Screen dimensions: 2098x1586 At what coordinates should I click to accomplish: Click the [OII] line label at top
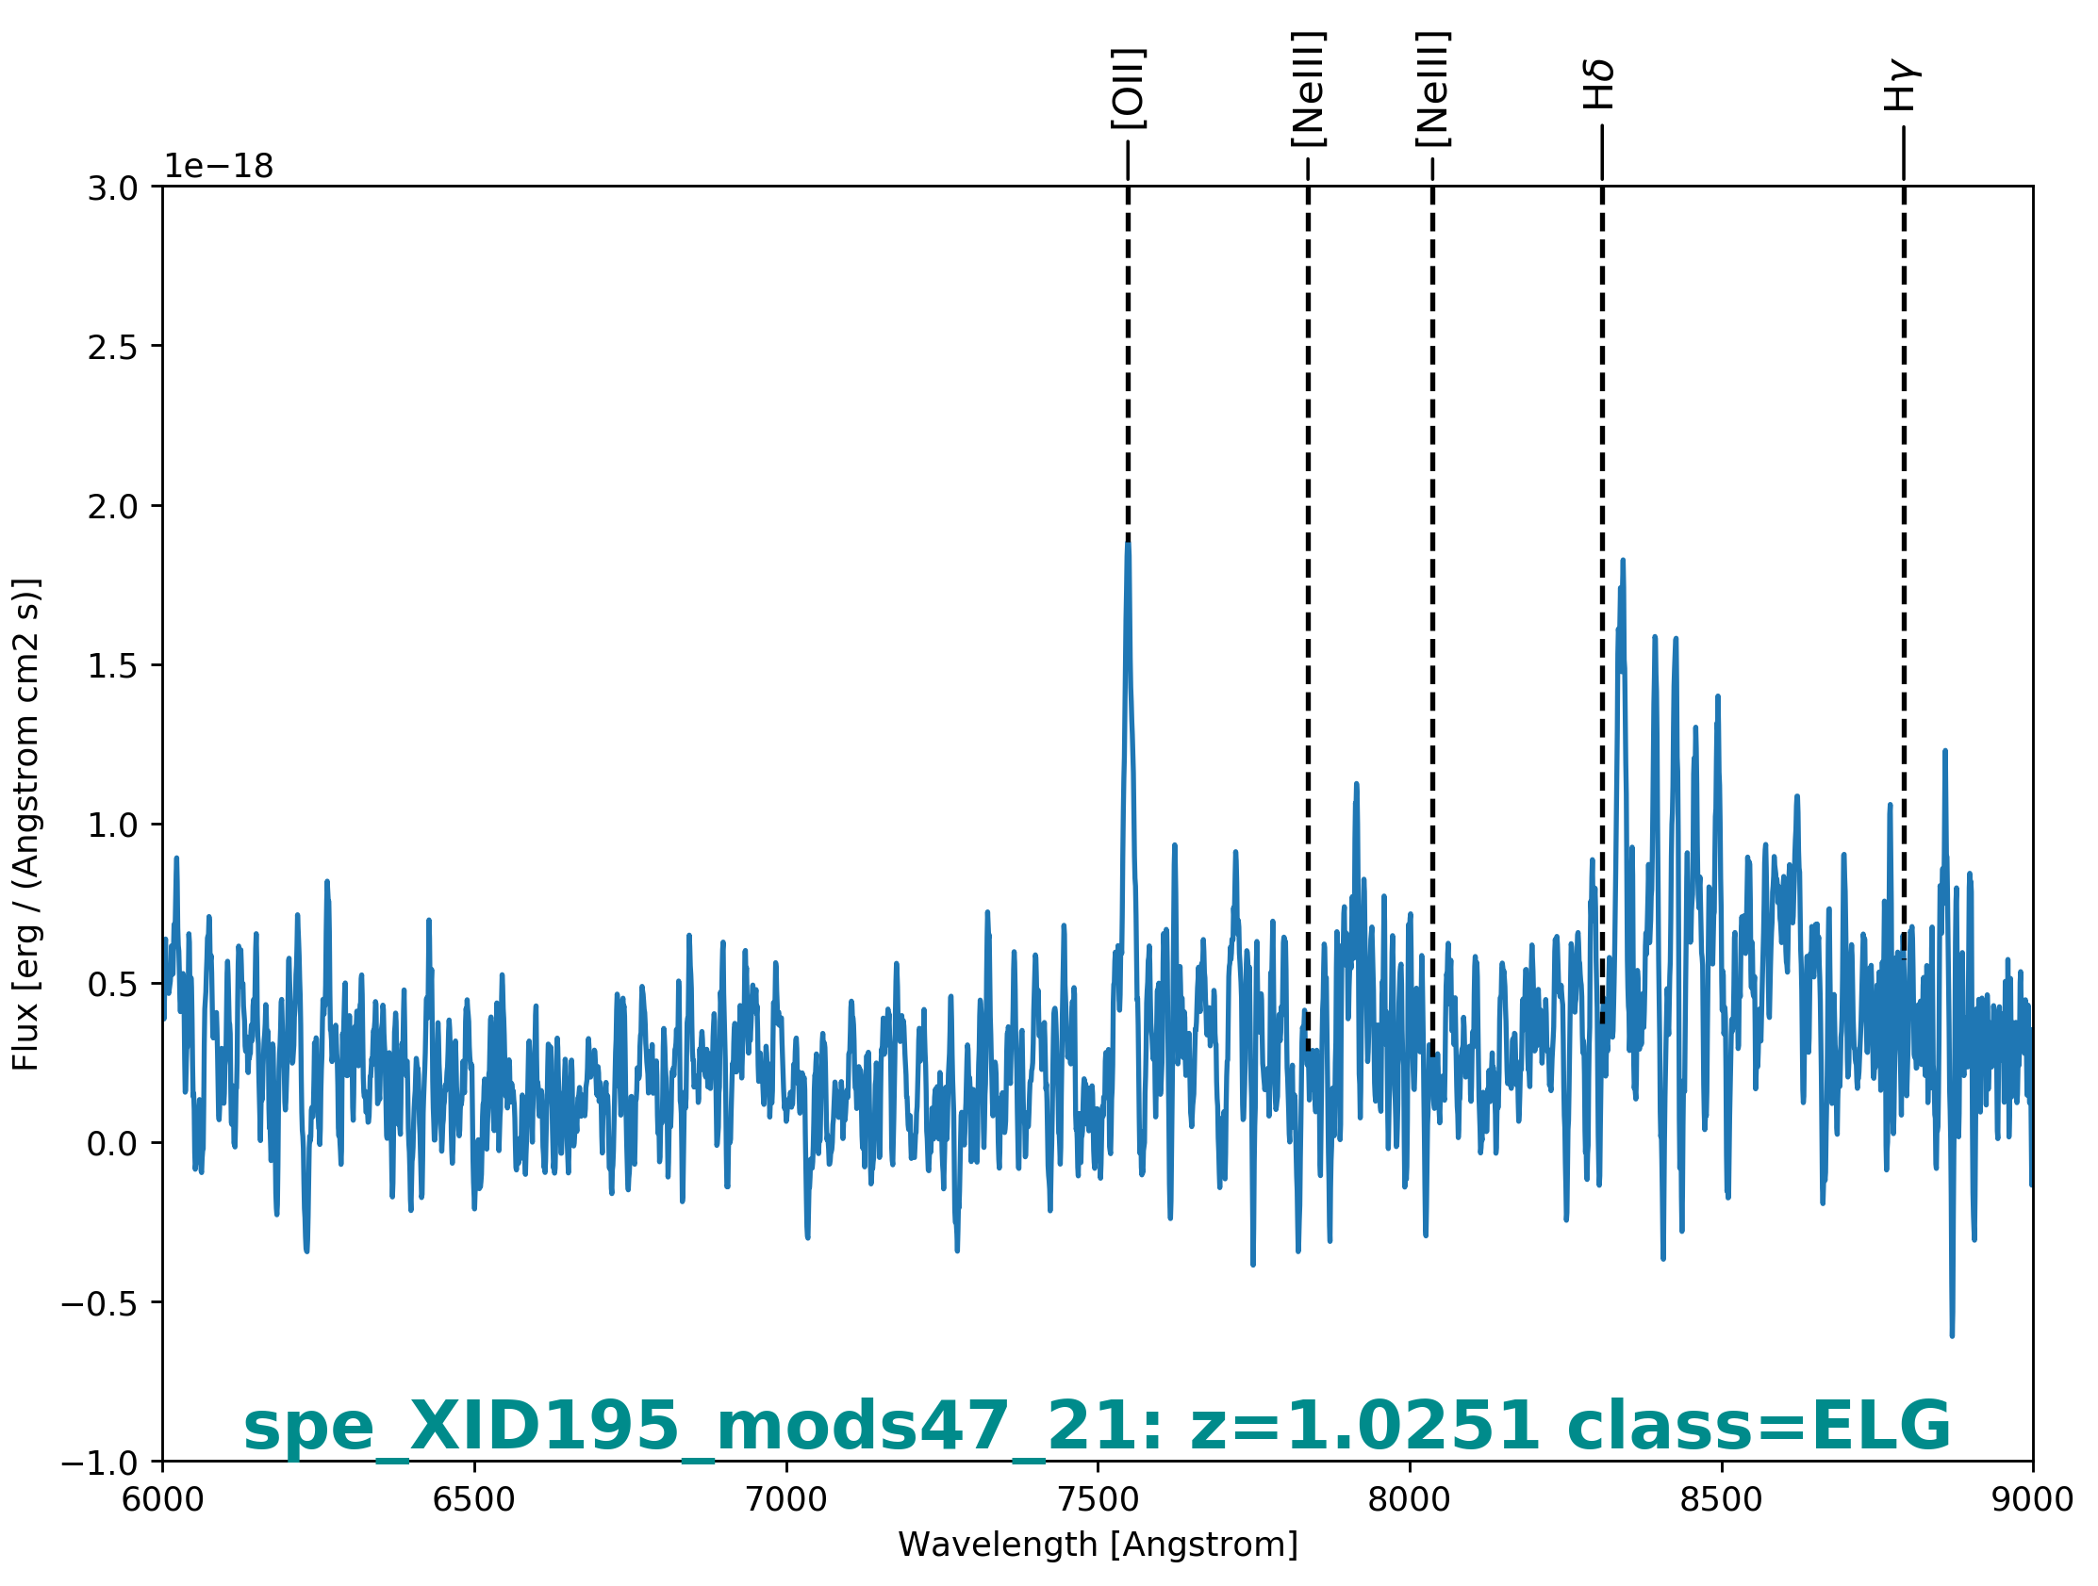click(x=1128, y=89)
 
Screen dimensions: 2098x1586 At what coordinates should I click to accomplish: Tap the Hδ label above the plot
click(x=1599, y=85)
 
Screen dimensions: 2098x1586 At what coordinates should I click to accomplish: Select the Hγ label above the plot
click(x=1902, y=86)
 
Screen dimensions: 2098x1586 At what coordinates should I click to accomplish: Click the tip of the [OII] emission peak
click(x=1128, y=542)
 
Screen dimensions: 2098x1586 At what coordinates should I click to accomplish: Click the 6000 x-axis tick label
click(x=163, y=1499)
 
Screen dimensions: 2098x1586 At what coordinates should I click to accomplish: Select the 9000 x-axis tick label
click(x=2033, y=1499)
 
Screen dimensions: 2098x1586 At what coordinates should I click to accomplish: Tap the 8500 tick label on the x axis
click(x=1721, y=1499)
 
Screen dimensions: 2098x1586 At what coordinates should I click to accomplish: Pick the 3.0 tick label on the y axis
click(x=112, y=188)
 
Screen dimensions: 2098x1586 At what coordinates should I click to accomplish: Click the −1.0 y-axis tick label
click(x=100, y=1463)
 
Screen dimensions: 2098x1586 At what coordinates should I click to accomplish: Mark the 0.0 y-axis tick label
click(x=112, y=1144)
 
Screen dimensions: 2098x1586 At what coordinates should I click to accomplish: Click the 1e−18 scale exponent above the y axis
click(x=219, y=166)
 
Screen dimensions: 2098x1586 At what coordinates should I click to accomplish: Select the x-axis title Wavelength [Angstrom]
click(x=1098, y=1545)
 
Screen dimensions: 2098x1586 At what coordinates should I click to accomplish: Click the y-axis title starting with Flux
click(x=25, y=825)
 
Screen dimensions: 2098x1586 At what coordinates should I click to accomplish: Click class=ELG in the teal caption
click(x=1759, y=1426)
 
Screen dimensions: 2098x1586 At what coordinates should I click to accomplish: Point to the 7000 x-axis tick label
click(x=786, y=1499)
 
